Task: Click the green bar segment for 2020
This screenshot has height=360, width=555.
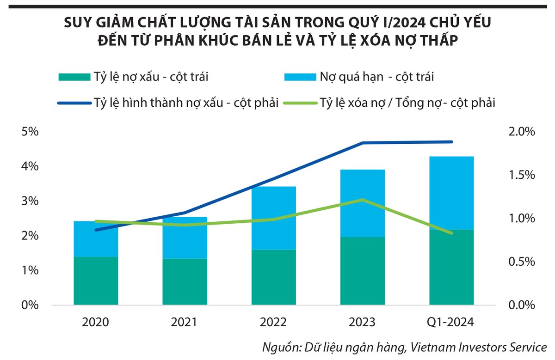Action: pyautogui.click(x=95, y=281)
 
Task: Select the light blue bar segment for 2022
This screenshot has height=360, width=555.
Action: pyautogui.click(x=273, y=218)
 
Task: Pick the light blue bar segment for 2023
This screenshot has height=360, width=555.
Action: pyautogui.click(x=362, y=203)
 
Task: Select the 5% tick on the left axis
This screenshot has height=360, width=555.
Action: pyautogui.click(x=29, y=132)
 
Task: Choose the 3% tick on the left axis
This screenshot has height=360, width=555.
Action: pyautogui.click(x=29, y=201)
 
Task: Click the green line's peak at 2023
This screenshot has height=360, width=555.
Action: pyautogui.click(x=363, y=200)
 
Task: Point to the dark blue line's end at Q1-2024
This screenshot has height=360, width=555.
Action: pyautogui.click(x=451, y=142)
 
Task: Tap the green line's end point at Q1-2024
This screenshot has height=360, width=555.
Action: pyautogui.click(x=451, y=233)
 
